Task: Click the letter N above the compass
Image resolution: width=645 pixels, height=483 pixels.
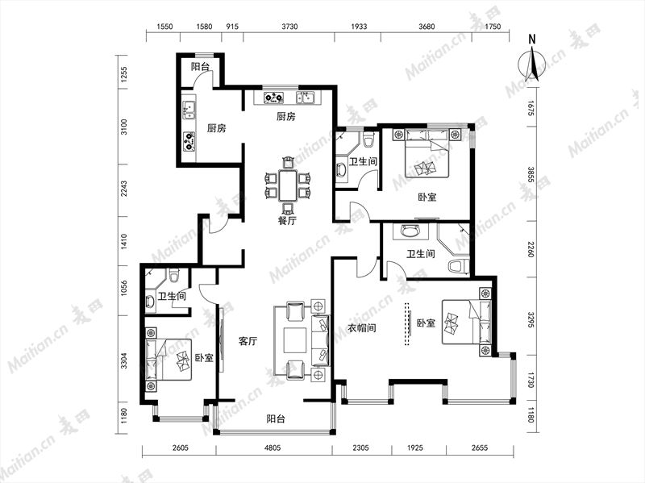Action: click(532, 40)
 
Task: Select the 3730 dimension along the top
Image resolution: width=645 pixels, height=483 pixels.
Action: click(289, 27)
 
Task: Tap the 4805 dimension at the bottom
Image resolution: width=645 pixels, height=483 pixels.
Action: click(273, 448)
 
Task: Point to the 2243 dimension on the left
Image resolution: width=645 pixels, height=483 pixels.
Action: click(124, 189)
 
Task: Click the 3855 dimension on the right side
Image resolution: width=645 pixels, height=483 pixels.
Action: click(531, 174)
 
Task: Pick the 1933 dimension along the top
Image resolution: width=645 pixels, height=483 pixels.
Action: click(358, 27)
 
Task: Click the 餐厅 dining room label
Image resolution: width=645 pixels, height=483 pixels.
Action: click(287, 221)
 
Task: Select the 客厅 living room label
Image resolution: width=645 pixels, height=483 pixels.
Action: click(248, 341)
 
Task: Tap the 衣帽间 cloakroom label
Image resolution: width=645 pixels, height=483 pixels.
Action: click(361, 328)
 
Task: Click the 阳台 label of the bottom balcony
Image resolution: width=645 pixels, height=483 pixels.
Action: click(275, 419)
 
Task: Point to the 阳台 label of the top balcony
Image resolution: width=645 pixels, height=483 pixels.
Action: click(200, 67)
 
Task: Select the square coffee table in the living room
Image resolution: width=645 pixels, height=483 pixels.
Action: click(295, 339)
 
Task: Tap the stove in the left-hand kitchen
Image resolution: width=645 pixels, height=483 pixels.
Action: click(189, 140)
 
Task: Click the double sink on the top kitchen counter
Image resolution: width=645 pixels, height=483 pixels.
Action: click(305, 97)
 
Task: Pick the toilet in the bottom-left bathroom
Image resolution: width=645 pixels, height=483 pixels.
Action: click(174, 275)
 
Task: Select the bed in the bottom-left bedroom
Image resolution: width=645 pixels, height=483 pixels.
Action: click(169, 359)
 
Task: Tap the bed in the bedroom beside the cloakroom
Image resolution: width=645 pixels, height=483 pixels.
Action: click(466, 322)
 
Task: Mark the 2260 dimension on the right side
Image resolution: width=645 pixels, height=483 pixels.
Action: click(531, 249)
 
